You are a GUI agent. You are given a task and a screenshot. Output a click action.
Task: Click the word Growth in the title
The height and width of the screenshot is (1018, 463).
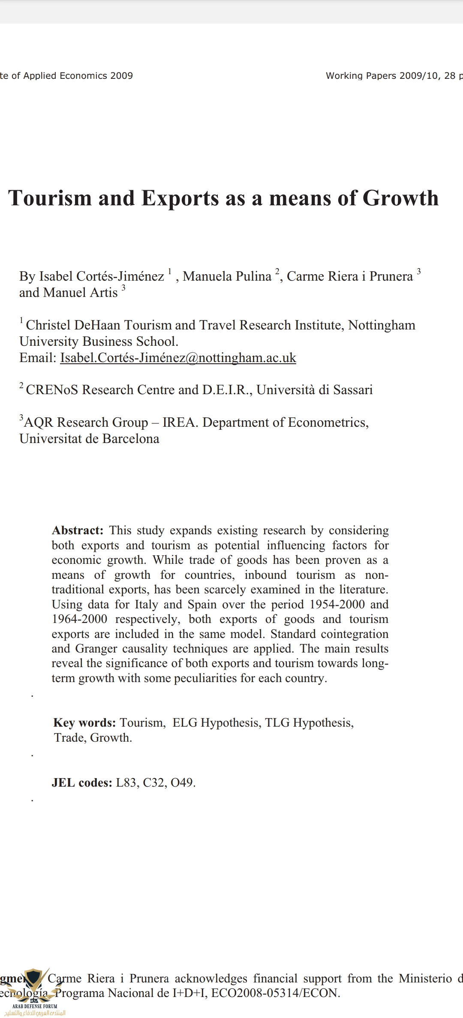[x=400, y=198]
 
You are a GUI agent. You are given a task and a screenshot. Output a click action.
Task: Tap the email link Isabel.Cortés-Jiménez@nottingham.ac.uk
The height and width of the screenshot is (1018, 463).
[x=178, y=358]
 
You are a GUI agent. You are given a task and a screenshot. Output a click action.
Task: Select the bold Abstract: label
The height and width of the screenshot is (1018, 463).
[x=78, y=530]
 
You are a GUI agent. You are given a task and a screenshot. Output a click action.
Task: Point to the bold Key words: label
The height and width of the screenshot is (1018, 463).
[x=84, y=723]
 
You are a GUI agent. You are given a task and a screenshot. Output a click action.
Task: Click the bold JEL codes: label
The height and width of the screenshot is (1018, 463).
[x=82, y=783]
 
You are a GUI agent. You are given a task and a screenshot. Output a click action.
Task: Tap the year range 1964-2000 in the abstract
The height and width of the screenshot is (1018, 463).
[x=79, y=619]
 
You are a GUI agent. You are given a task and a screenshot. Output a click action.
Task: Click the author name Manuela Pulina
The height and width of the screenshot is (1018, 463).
[x=227, y=276]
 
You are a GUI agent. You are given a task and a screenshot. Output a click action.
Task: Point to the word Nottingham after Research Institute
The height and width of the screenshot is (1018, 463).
[x=382, y=325]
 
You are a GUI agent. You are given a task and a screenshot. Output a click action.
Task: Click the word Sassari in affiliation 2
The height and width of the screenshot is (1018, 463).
[x=353, y=390]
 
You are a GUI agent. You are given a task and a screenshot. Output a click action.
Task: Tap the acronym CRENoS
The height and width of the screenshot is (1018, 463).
[x=52, y=390]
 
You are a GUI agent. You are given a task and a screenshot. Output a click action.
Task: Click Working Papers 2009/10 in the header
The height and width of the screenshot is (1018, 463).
[x=382, y=76]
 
